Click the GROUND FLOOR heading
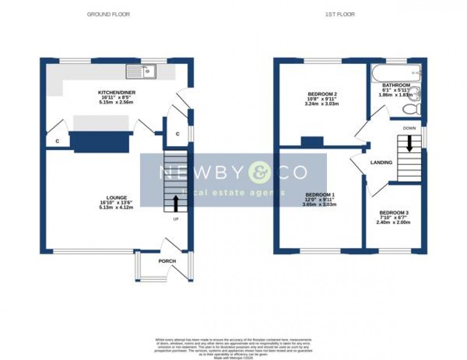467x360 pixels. (x=108, y=14)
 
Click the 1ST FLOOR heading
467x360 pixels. (x=340, y=14)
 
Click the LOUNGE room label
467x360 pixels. (x=117, y=198)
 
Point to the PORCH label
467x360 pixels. (x=167, y=261)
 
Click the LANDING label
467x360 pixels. (x=381, y=163)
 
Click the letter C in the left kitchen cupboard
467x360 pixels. (x=57, y=141)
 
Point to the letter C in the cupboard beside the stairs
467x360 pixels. (x=177, y=134)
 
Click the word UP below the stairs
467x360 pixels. (x=176, y=219)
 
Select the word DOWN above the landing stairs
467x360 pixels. (x=409, y=128)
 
